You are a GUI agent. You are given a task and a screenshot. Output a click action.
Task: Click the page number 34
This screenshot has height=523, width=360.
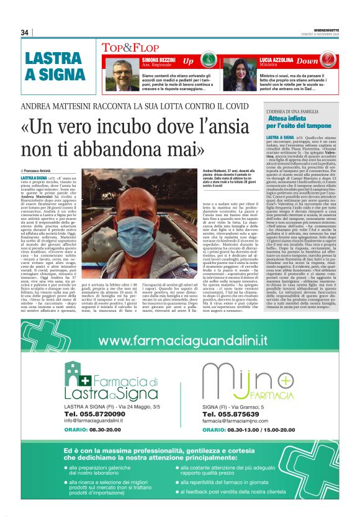tap(25, 32)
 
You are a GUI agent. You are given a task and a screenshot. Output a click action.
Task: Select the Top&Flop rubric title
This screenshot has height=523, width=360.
tap(127, 47)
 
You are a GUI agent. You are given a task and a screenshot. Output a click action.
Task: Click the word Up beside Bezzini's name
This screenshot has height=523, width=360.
tap(188, 61)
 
